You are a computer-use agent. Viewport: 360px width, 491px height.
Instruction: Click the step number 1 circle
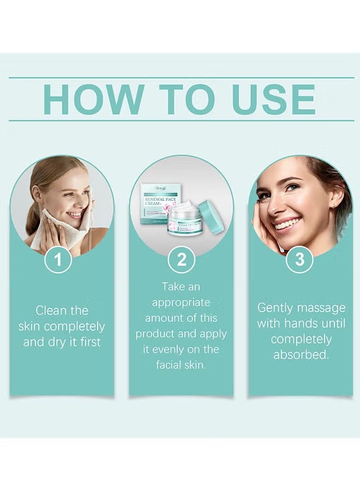[62, 260]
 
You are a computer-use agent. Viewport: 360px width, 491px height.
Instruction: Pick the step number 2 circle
[181, 260]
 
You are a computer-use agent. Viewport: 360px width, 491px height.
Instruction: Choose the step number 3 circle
[299, 260]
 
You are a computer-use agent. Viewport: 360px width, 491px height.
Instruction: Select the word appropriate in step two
[181, 302]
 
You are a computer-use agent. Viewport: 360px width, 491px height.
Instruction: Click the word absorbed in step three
[301, 355]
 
